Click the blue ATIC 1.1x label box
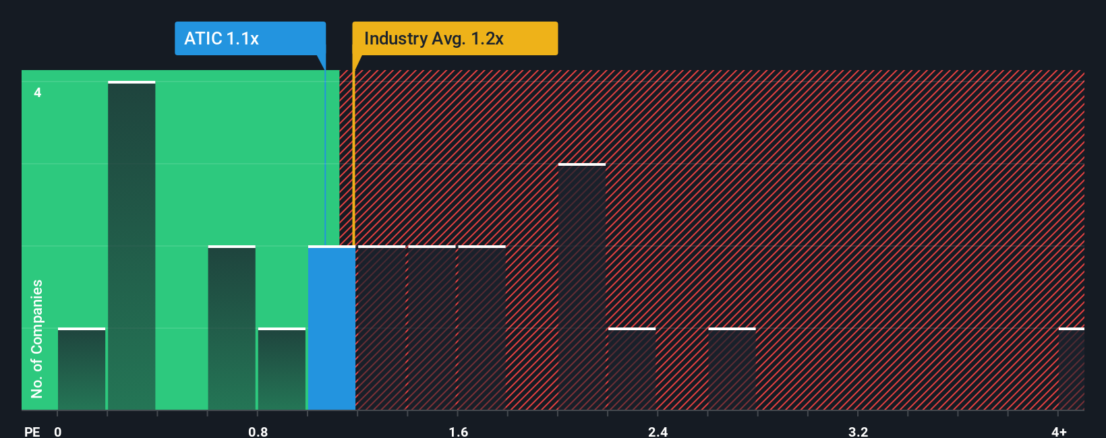click(250, 38)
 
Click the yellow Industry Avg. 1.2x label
click(455, 38)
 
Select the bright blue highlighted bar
click(332, 328)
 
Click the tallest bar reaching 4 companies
click(132, 246)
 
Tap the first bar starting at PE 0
click(82, 369)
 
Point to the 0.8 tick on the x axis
click(258, 431)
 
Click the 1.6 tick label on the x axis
click(458, 431)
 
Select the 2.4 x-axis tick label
click(658, 431)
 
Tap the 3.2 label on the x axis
click(858, 431)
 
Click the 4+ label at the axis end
click(1059, 431)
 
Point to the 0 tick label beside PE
click(58, 431)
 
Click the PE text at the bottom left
click(32, 431)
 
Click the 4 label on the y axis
click(38, 92)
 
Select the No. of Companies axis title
click(37, 338)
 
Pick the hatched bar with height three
click(581, 286)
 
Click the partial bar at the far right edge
click(1071, 369)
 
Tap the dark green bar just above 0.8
click(282, 369)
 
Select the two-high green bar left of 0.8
click(231, 328)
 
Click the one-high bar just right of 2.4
click(632, 369)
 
